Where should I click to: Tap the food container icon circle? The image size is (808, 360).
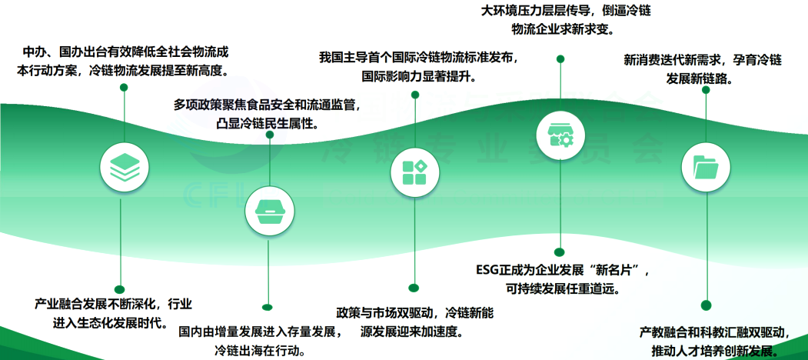(x=268, y=209)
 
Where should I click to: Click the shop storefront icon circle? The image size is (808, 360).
(x=560, y=134)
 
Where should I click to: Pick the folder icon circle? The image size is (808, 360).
(x=706, y=165)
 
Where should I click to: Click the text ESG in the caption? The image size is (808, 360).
(x=489, y=272)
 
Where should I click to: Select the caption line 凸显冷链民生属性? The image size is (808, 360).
(x=268, y=123)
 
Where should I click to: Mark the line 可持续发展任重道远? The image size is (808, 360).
(x=563, y=290)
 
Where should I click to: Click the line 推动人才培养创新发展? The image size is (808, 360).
(x=717, y=351)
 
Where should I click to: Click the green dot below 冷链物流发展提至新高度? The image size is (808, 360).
(x=123, y=88)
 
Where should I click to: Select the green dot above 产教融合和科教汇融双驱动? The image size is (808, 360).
(x=706, y=305)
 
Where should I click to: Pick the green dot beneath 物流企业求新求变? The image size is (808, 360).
(x=560, y=58)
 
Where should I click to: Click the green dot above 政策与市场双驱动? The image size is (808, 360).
(x=414, y=288)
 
